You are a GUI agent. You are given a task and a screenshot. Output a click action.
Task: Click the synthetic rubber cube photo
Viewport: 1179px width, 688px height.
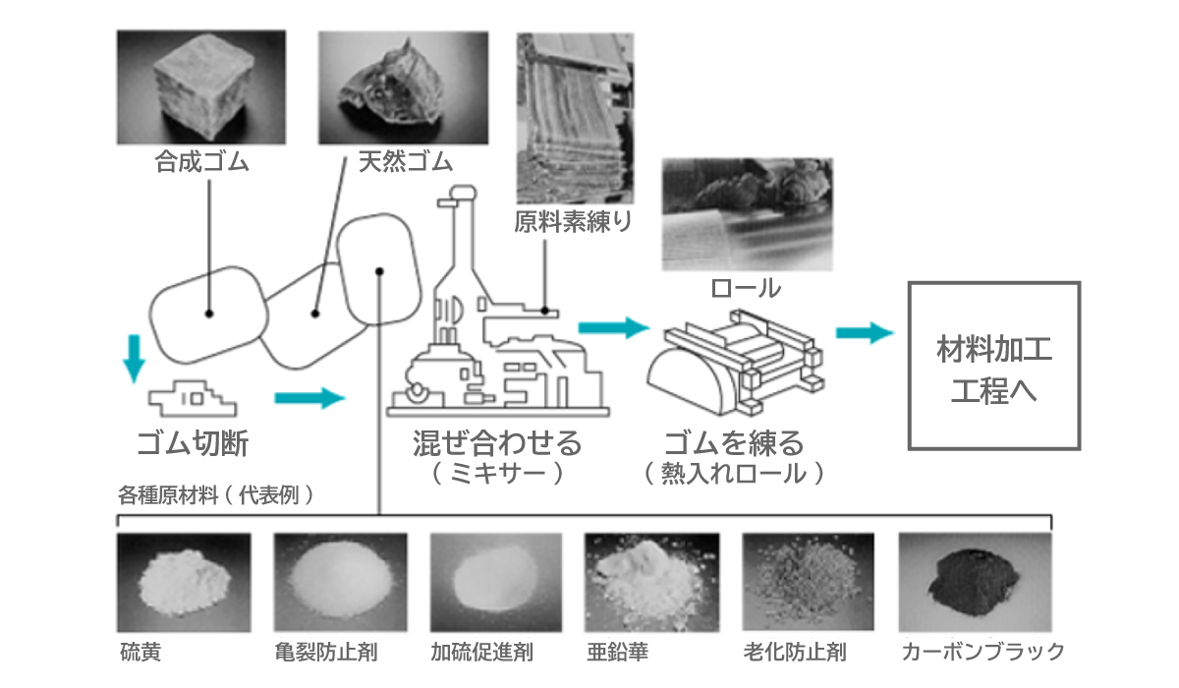pyautogui.click(x=200, y=86)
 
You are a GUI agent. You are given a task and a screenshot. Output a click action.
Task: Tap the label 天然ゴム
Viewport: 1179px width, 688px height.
pyautogui.click(x=397, y=161)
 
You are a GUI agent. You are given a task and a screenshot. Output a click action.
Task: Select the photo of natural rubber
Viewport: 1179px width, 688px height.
pyautogui.click(x=403, y=86)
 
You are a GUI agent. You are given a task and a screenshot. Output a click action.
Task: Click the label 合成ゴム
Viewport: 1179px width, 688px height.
pyautogui.click(x=201, y=161)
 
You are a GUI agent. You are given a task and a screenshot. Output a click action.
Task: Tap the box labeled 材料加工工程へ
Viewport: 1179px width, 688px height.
pyautogui.click(x=993, y=366)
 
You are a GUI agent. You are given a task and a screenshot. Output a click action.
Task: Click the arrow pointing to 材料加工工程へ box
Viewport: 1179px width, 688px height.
pyautogui.click(x=865, y=332)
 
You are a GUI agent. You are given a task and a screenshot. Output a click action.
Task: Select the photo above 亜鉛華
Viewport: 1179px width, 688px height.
pyautogui.click(x=649, y=582)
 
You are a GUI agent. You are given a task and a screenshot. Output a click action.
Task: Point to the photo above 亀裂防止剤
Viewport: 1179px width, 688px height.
pyautogui.click(x=340, y=582)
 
